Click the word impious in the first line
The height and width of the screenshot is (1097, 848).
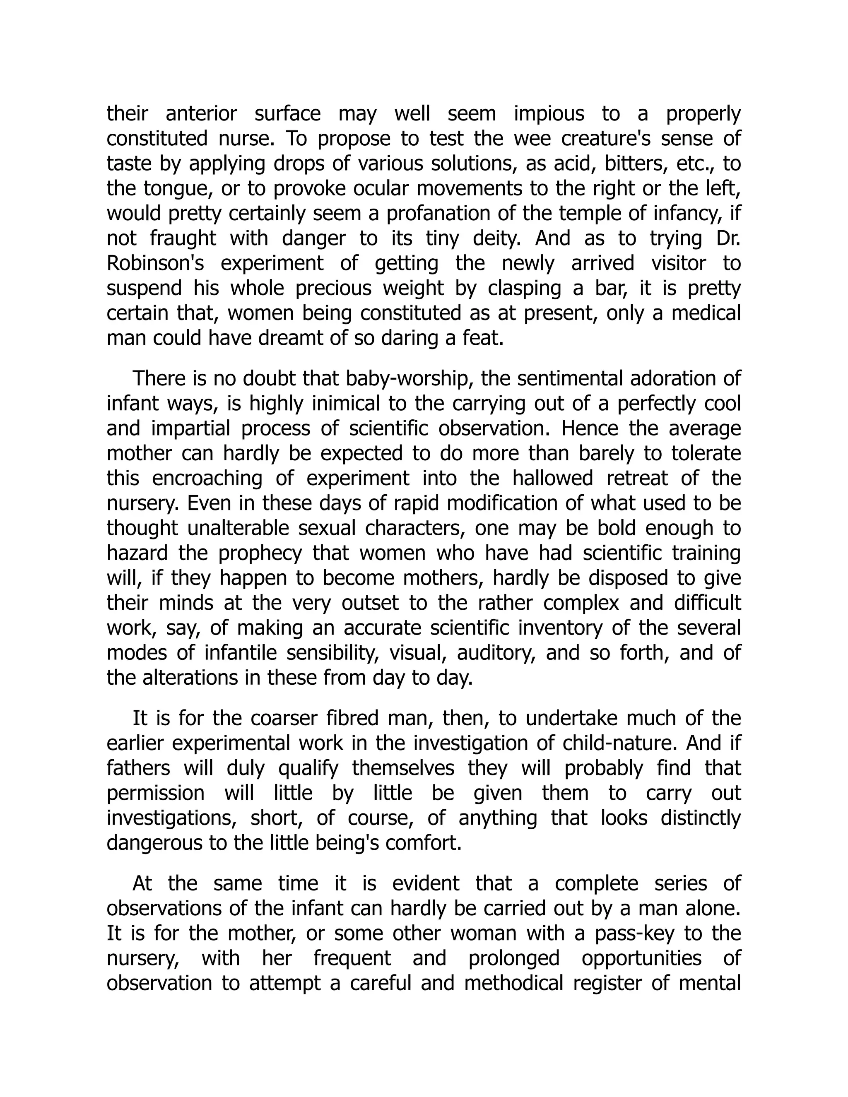(549, 114)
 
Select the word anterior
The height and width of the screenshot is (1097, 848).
(201, 114)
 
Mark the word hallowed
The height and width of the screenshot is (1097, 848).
(553, 479)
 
